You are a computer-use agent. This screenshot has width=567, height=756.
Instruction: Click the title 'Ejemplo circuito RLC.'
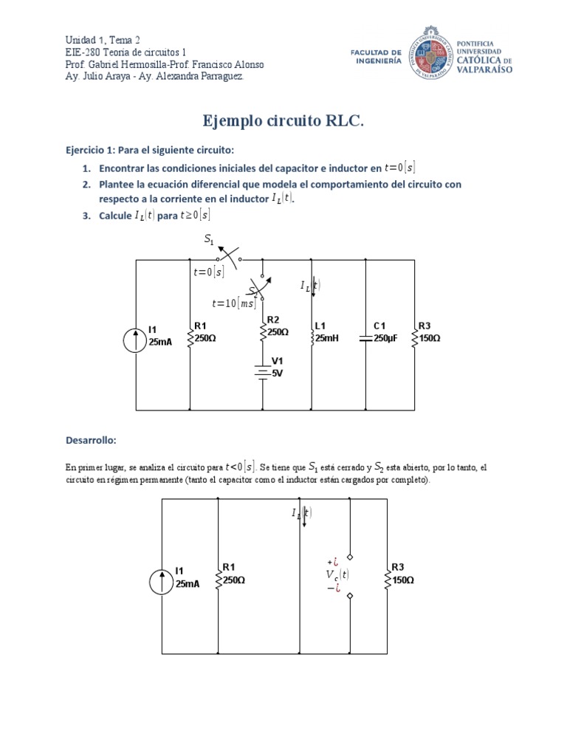coord(283,121)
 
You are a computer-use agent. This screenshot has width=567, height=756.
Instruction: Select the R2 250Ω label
coord(278,326)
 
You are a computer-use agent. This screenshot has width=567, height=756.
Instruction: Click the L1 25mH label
coord(327,332)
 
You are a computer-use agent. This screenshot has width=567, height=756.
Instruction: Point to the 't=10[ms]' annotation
coord(233,303)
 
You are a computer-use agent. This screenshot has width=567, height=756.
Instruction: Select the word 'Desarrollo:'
coord(91,440)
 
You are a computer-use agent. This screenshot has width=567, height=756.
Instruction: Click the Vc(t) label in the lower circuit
coord(337,574)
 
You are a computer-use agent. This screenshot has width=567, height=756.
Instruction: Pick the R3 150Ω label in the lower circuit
coord(402,574)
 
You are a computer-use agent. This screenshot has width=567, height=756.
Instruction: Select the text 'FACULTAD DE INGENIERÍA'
coord(377,57)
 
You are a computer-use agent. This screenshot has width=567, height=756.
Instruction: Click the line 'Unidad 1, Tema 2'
coord(103,40)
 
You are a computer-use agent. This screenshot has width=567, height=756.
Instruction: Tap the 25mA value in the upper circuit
coord(160,342)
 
